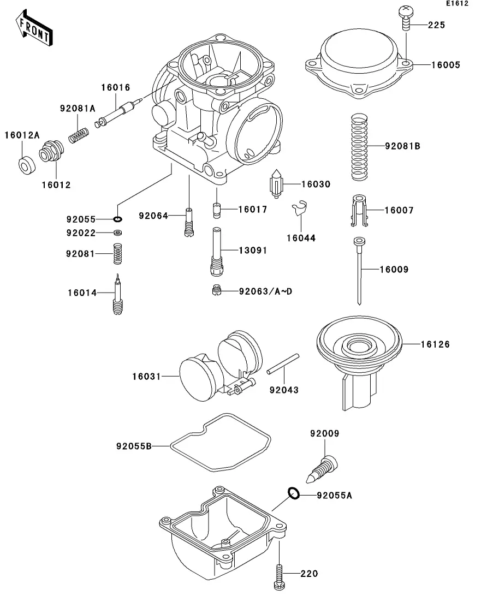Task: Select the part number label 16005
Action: pos(445,65)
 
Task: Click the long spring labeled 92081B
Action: pos(360,147)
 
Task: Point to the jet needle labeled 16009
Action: pos(359,271)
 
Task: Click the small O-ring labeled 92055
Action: pos(117,219)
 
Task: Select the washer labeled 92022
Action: pos(118,233)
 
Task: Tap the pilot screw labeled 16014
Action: pos(117,295)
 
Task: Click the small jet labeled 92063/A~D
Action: pos(217,290)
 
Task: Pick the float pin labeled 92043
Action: pos(283,363)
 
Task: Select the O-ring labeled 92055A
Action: pos(294,493)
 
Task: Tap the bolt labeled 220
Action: pos(280,577)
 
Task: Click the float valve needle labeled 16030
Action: pos(276,184)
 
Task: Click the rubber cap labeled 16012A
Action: pos(27,165)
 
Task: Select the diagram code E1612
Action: pos(457,3)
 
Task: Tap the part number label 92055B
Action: pos(134,446)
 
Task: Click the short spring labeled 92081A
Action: pos(79,135)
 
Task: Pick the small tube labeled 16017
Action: pos(217,210)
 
